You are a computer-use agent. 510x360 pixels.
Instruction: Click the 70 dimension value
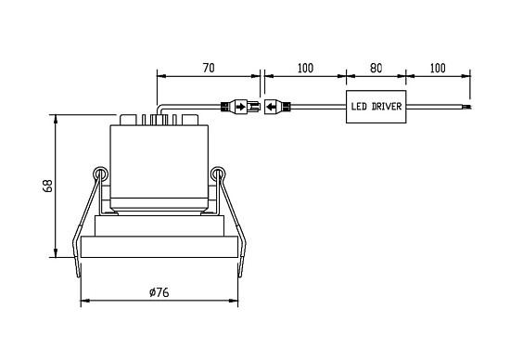pos(209,68)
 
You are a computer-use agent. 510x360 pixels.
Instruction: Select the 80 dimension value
pos(376,68)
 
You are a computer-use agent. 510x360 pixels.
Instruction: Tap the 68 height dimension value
pos(47,186)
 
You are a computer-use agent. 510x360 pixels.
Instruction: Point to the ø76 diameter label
pos(159,292)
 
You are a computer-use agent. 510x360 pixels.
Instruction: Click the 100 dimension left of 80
pos(305,68)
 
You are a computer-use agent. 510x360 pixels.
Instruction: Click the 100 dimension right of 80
pos(438,68)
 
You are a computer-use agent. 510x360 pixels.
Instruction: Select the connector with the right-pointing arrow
pos(241,107)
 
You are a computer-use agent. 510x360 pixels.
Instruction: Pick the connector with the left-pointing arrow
pos(277,107)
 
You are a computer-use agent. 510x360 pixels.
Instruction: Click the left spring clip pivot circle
pos(100,174)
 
